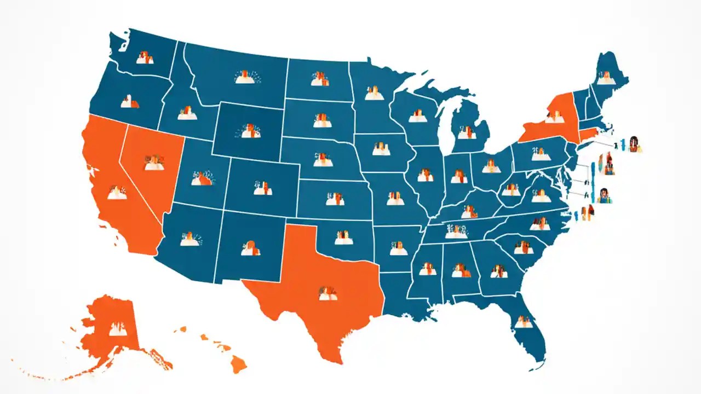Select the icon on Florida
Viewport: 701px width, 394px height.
point(524,323)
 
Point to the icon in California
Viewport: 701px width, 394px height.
point(117,193)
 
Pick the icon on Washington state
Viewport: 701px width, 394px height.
point(145,57)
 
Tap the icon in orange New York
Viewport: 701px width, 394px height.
point(554,117)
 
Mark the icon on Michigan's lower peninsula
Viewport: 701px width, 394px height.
point(467,132)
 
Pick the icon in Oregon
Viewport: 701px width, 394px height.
point(130,101)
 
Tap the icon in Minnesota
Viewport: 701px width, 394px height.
point(375,93)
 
